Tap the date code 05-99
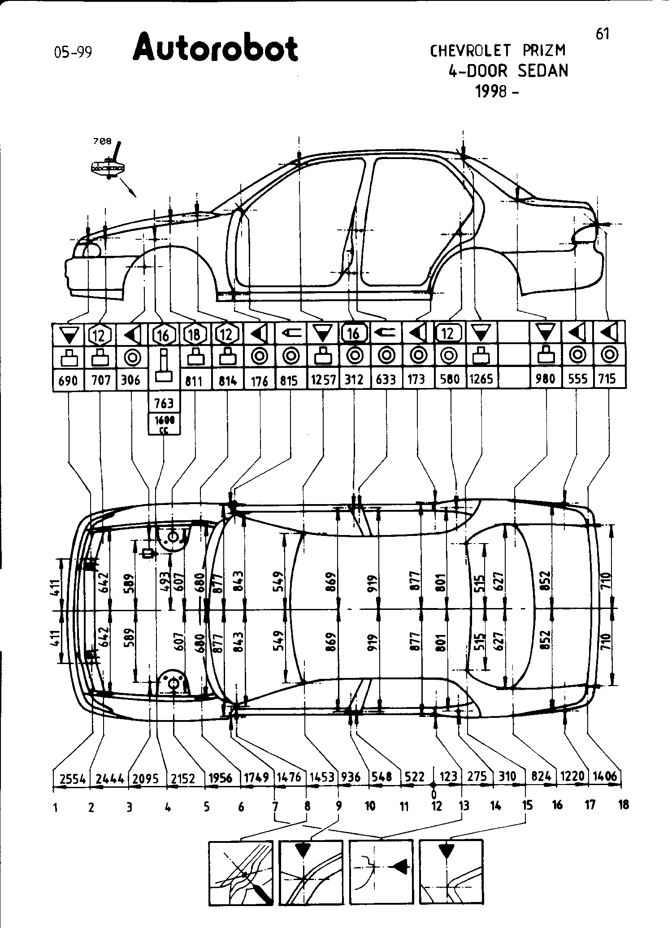[73, 53]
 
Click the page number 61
[602, 34]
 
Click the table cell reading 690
[68, 380]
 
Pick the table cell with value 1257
[323, 380]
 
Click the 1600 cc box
[164, 424]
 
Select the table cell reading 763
[164, 404]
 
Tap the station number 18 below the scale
[623, 805]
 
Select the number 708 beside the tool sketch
[102, 141]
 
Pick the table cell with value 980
[546, 379]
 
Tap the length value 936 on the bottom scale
[351, 777]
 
